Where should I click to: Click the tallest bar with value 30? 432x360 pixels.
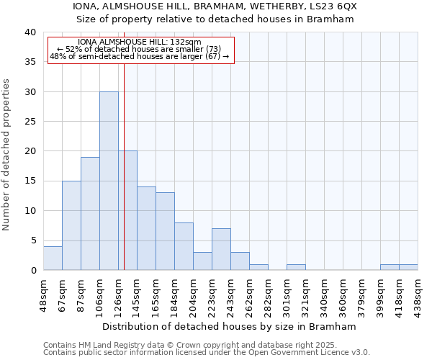[x=109, y=181]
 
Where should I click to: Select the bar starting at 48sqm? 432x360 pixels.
[x=53, y=258]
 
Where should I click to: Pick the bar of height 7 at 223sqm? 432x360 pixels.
[x=221, y=249]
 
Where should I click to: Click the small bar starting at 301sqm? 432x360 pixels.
[x=296, y=267]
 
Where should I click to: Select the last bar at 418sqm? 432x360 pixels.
[x=408, y=267]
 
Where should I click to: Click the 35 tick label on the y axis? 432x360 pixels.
[x=30, y=62]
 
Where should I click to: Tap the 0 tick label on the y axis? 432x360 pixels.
[x=32, y=270]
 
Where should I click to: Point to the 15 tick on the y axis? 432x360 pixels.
[x=30, y=181]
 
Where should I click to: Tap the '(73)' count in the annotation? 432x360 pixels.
[x=219, y=49]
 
